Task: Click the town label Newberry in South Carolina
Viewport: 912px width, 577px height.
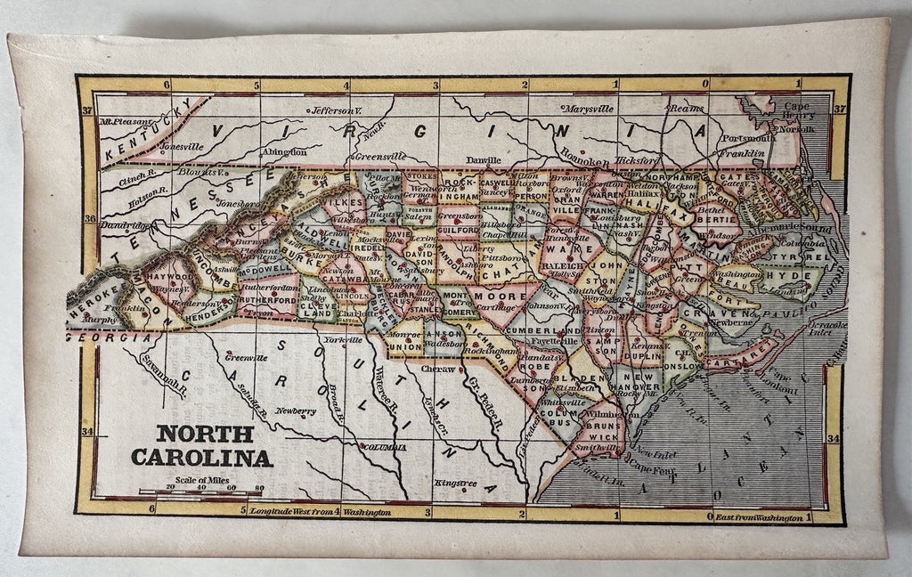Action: tap(295, 411)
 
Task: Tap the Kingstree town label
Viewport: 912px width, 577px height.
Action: tap(455, 483)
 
